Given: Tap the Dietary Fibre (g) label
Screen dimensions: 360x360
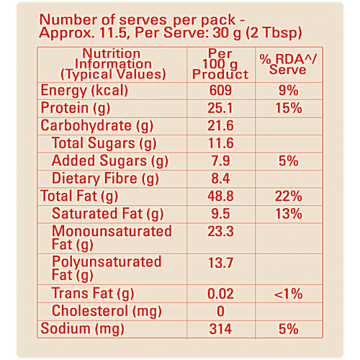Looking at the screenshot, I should click(x=106, y=178).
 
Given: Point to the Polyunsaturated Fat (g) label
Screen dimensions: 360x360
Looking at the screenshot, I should click(x=107, y=268).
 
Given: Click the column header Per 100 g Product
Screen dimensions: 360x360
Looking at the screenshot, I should click(x=220, y=64).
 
